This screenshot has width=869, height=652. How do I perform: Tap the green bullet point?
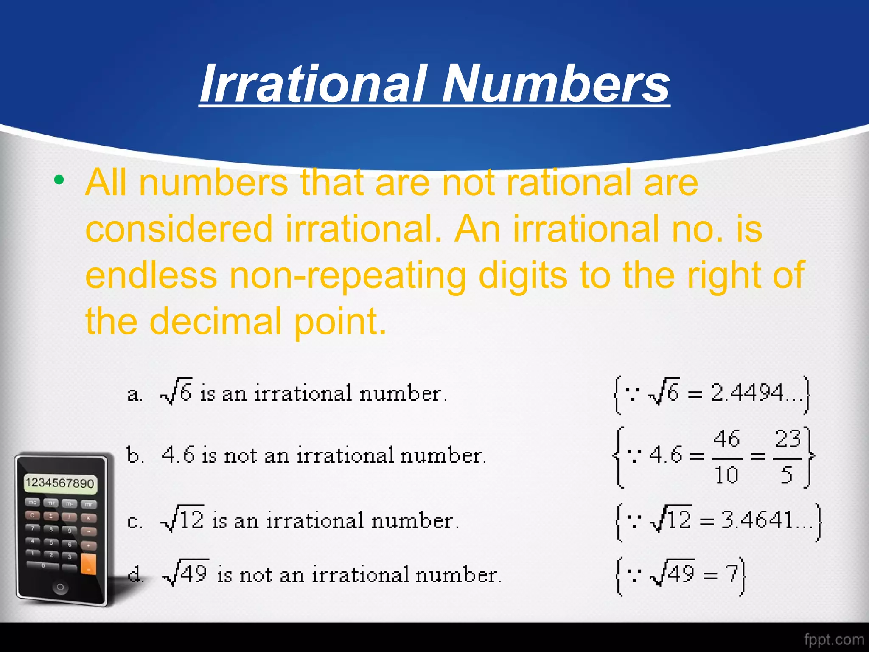coord(59,180)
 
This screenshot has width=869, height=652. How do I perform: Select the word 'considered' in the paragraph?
coord(179,229)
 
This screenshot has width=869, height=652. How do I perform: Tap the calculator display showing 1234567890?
coord(60,483)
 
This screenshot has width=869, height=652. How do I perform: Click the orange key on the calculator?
coord(88,563)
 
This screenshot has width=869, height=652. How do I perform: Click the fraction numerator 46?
coord(726,438)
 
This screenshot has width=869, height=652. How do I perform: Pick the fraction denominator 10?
coord(726,475)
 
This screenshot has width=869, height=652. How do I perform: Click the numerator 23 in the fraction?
coord(788,438)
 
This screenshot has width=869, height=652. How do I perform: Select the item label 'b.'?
coord(135,455)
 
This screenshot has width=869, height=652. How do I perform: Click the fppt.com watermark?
coord(833,639)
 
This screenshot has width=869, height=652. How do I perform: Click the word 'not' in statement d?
coord(256,576)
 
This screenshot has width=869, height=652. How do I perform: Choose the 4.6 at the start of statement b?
coord(178,455)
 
